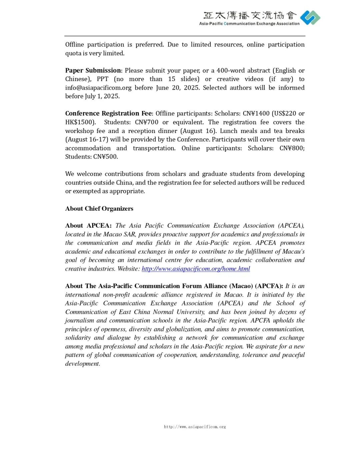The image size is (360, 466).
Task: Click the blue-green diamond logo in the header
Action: (x=310, y=18)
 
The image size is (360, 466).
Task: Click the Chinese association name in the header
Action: (x=250, y=15)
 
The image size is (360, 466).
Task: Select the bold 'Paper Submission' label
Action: (x=93, y=70)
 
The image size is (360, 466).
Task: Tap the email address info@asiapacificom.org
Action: (x=98, y=88)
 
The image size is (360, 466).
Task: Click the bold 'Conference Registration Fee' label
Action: (x=108, y=113)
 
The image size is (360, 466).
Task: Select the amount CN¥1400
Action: (x=256, y=113)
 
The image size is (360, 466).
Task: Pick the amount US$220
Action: (x=285, y=113)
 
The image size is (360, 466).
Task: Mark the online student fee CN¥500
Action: (x=105, y=157)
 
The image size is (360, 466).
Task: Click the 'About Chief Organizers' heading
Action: (x=99, y=209)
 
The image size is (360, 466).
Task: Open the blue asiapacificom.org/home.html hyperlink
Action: (x=196, y=269)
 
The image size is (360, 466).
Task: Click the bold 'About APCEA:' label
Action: (x=88, y=226)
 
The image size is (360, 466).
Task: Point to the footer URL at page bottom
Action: (x=195, y=427)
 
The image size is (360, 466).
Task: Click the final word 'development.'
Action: (x=83, y=364)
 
